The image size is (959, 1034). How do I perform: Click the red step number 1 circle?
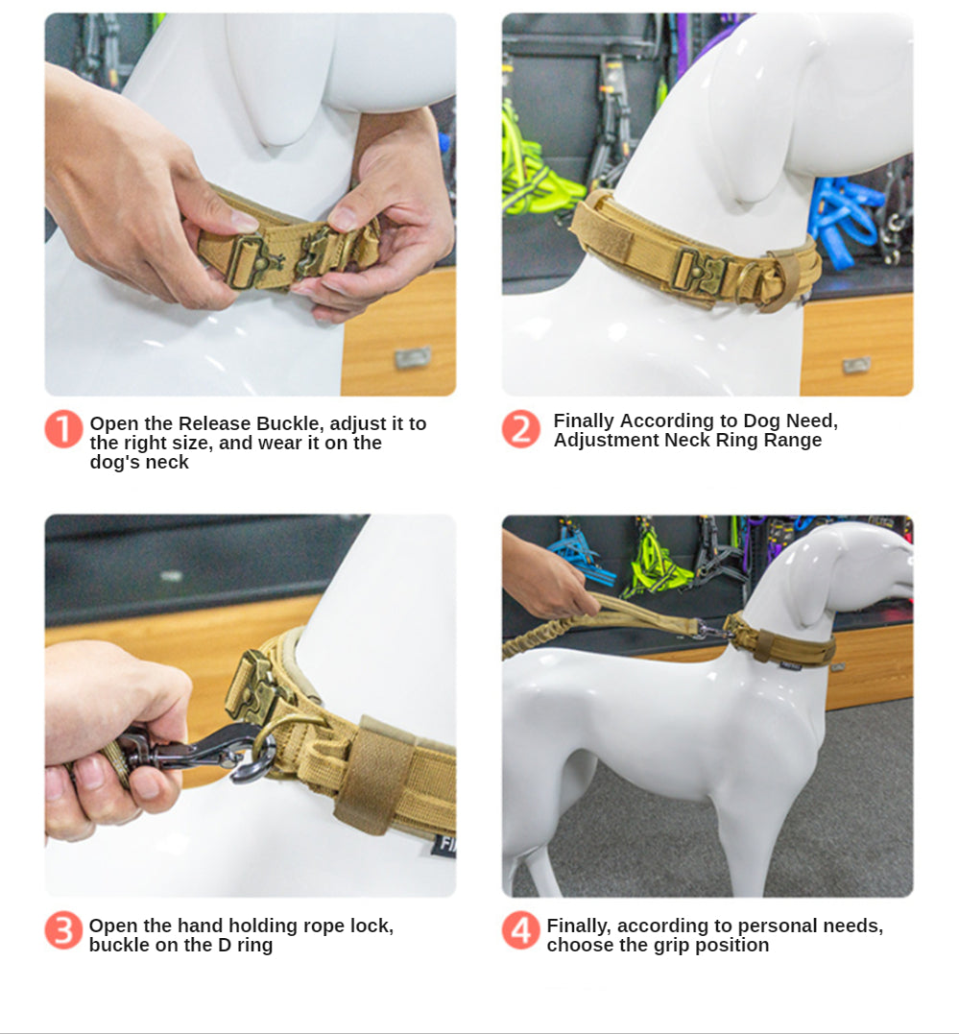[x=64, y=429]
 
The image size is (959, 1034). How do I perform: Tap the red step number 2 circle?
[x=521, y=429]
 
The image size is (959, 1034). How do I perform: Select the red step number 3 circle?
[x=64, y=930]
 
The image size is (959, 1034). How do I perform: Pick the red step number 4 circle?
[x=521, y=930]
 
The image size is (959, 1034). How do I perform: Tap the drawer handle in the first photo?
[x=412, y=358]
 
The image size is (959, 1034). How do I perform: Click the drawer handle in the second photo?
[x=856, y=365]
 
